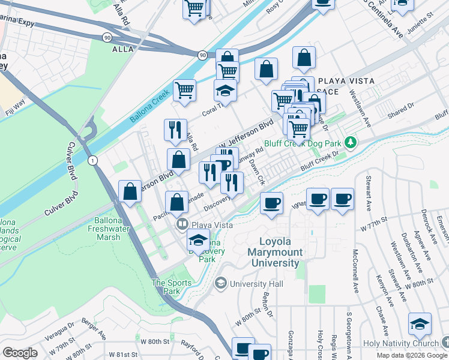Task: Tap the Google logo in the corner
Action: [20, 353]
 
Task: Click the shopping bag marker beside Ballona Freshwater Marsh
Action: [130, 192]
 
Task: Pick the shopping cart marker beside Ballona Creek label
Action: [185, 90]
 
